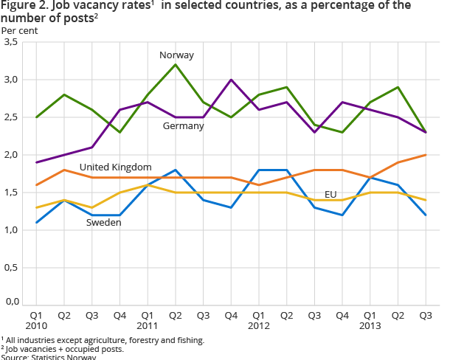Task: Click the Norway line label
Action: tap(176, 55)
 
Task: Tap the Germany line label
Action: tap(184, 125)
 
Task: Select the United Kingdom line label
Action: tap(116, 167)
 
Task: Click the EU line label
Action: tap(330, 194)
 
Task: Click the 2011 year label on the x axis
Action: tap(148, 324)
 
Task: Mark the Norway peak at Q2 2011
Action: tap(176, 65)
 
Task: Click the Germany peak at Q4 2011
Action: tap(232, 80)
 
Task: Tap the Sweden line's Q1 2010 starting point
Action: tap(36, 222)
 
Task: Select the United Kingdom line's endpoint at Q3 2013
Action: tap(426, 155)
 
